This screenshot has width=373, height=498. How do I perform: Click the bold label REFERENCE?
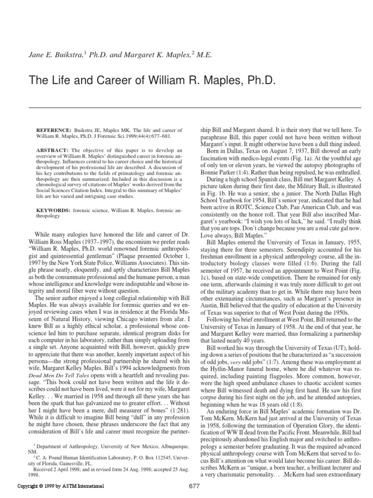tap(52, 131)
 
